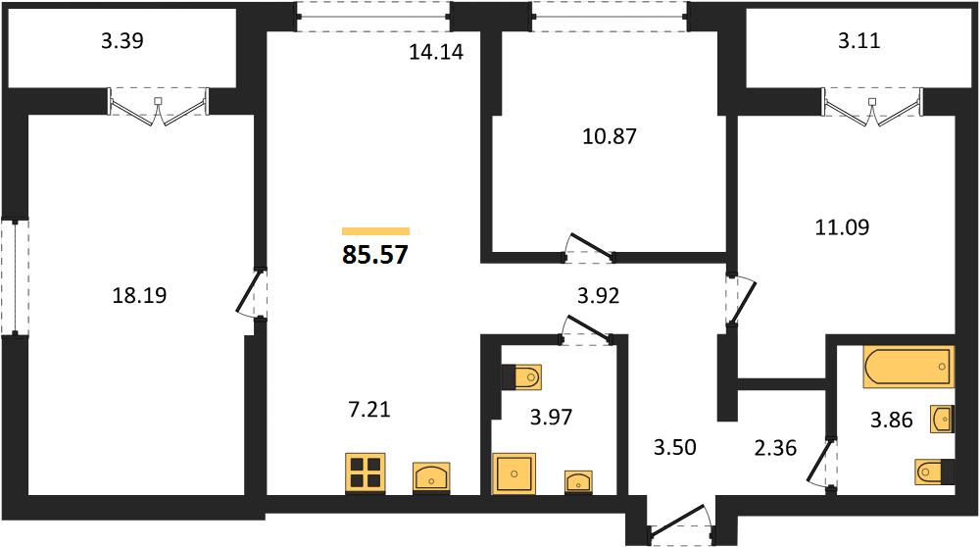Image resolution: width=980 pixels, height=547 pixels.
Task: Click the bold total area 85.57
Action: (375, 255)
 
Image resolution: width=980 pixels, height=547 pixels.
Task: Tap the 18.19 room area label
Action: (139, 294)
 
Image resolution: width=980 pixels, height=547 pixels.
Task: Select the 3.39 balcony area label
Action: (122, 40)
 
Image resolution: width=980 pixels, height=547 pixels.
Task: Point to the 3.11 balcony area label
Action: (858, 40)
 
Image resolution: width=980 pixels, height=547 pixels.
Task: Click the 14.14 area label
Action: (436, 52)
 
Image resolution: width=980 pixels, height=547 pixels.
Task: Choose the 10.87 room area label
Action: (610, 135)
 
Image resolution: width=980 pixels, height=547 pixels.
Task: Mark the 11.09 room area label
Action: (842, 226)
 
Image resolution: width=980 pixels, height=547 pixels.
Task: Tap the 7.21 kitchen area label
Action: (368, 410)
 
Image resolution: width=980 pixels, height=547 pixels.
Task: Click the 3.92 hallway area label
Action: (598, 296)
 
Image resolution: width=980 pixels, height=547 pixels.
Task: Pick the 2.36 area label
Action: (775, 448)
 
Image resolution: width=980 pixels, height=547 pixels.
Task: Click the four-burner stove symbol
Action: (366, 472)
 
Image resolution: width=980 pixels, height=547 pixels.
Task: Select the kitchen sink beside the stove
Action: (431, 477)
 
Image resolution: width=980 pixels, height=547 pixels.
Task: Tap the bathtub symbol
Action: (908, 367)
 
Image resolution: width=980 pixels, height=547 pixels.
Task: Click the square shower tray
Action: (514, 473)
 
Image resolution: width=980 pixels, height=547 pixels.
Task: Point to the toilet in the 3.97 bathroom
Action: (522, 377)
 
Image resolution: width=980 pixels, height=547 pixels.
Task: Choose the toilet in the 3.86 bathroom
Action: (935, 472)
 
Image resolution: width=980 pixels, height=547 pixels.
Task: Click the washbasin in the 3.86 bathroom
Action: (943, 419)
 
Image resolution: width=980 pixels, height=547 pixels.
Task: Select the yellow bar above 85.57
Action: (375, 231)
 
